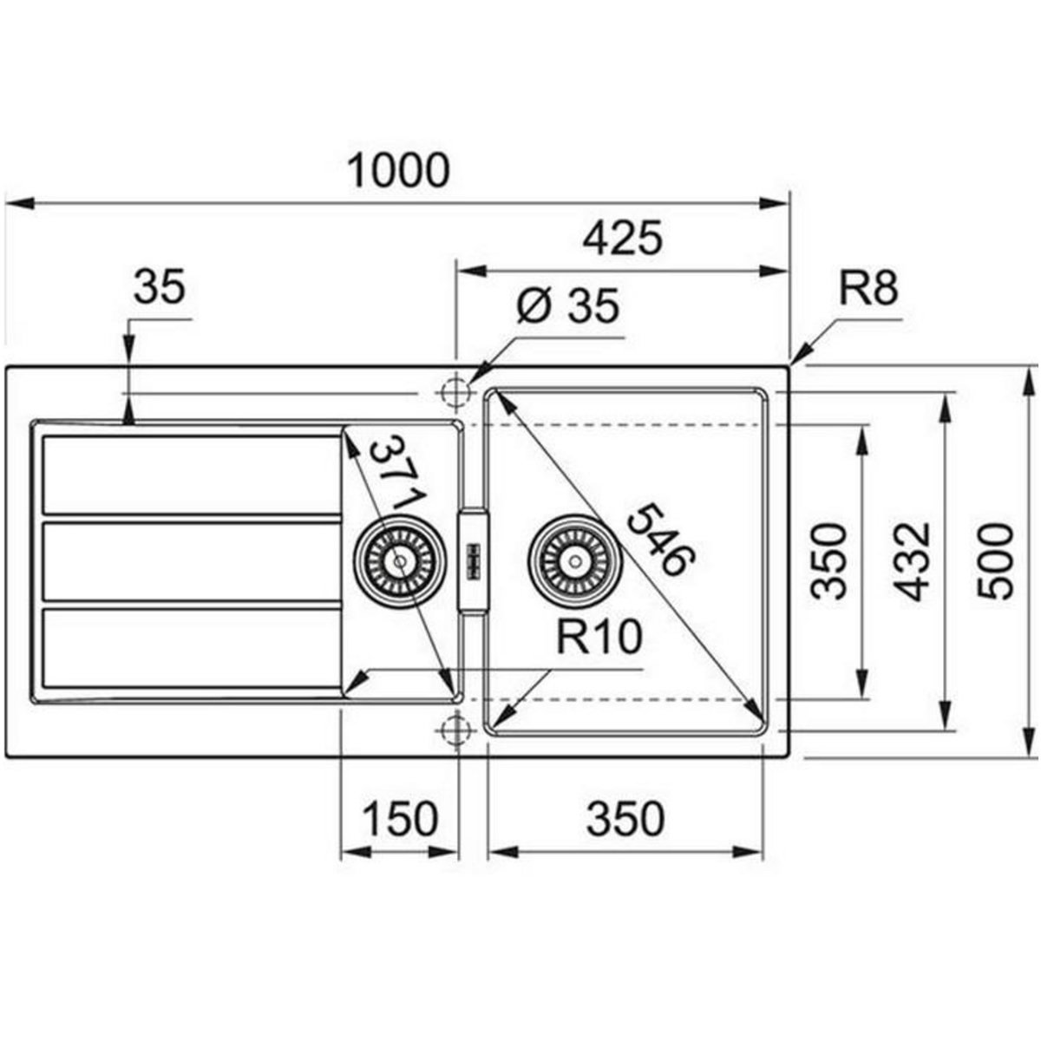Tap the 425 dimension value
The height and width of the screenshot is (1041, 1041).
click(622, 238)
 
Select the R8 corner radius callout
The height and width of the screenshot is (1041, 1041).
click(868, 288)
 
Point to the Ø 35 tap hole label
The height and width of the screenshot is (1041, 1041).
click(567, 305)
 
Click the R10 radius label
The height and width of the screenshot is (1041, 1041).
click(599, 637)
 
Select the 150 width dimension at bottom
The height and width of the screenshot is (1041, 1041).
click(400, 818)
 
